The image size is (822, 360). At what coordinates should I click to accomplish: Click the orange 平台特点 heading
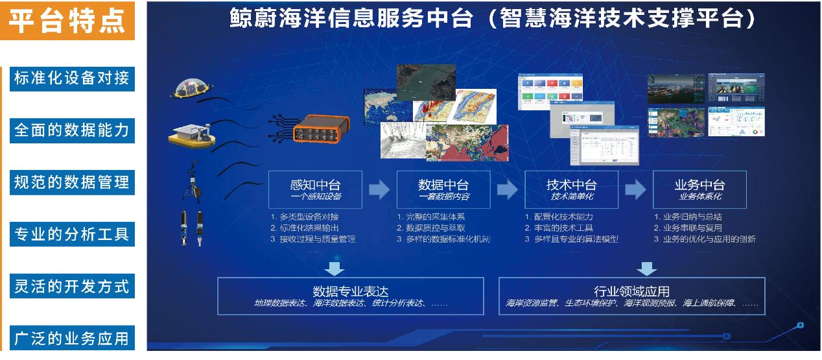[x=67, y=20]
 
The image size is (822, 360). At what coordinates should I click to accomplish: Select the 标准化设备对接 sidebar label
[x=71, y=78]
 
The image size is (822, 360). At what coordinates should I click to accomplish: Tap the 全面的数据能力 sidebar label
[x=71, y=130]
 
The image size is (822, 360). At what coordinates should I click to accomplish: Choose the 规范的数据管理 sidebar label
[x=71, y=182]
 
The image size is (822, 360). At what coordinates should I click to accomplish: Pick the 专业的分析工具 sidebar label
[x=71, y=234]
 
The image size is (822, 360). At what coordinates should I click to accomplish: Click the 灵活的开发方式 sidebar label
[x=71, y=286]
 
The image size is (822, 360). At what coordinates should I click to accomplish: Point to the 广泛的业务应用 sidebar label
[x=71, y=338]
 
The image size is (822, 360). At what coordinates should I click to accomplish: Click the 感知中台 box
[x=315, y=189]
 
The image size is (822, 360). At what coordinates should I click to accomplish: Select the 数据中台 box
[x=443, y=189]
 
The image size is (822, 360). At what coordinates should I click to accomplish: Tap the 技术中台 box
[x=571, y=189]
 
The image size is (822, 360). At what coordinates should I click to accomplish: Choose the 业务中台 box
[x=699, y=189]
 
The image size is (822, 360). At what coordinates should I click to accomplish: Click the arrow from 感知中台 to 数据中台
[x=379, y=189]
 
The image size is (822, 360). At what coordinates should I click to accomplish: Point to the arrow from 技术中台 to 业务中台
[x=636, y=189]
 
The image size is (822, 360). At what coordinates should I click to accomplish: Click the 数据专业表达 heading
[x=351, y=291]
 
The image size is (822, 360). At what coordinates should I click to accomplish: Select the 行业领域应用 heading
[x=631, y=291]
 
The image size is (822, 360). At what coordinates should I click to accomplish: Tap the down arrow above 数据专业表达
[x=335, y=268]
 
